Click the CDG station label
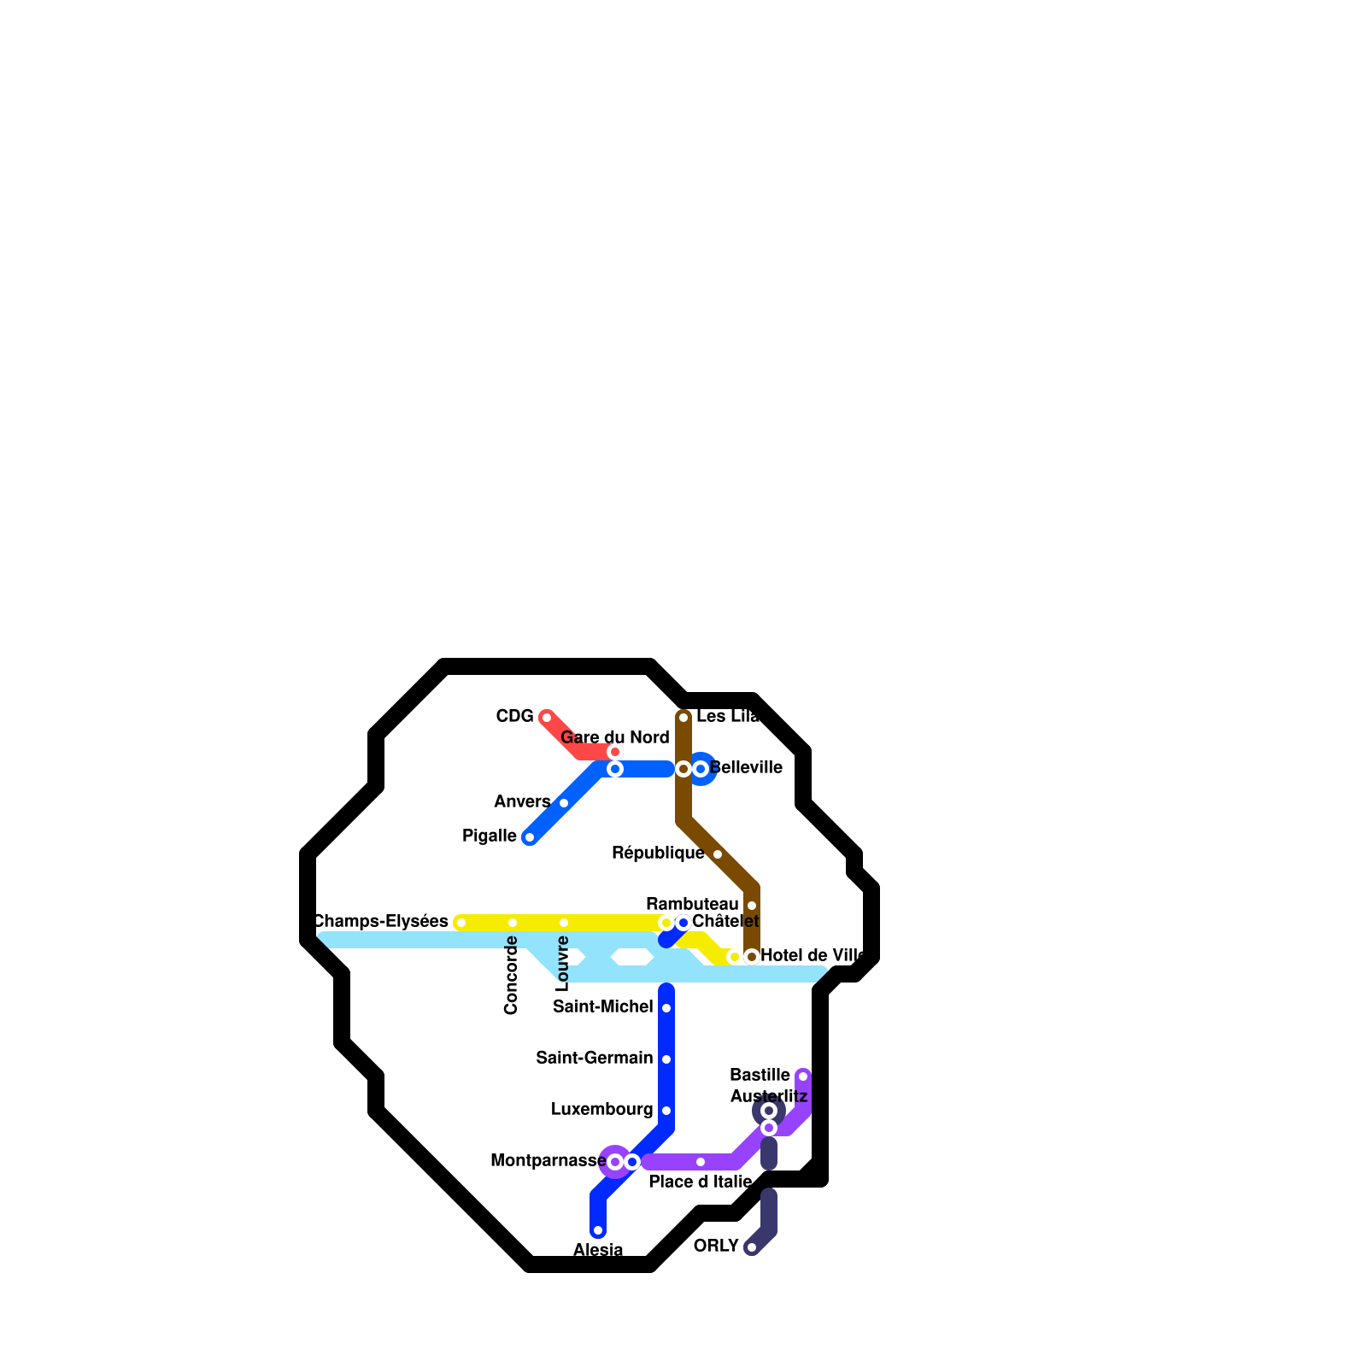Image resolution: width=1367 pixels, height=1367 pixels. pyautogui.click(x=514, y=717)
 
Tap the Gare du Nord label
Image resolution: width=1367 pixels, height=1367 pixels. pyautogui.click(x=614, y=737)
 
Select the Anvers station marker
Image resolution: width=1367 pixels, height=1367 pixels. pyautogui.click(x=564, y=803)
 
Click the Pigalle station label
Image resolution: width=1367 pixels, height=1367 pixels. pyautogui.click(x=489, y=836)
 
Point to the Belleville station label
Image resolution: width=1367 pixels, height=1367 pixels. pyautogui.click(x=746, y=768)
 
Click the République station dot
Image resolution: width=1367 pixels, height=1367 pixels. pyautogui.click(x=718, y=854)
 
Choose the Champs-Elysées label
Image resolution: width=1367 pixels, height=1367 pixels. pyautogui.click(x=381, y=921)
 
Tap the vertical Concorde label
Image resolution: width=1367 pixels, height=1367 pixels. pyautogui.click(x=512, y=976)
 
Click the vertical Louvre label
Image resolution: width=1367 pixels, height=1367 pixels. pyautogui.click(x=563, y=964)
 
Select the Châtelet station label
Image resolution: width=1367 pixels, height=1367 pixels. pyautogui.click(x=725, y=922)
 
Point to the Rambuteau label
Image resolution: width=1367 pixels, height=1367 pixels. pyautogui.click(x=692, y=904)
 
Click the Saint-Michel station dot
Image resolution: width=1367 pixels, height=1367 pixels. pyautogui.click(x=666, y=1008)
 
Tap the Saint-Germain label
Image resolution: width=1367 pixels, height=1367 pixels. pyautogui.click(x=594, y=1059)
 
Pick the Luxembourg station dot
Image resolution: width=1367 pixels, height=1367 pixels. pyautogui.click(x=666, y=1111)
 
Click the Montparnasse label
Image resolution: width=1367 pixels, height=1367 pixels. pyautogui.click(x=548, y=1160)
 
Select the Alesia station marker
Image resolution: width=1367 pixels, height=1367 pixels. pyautogui.click(x=598, y=1230)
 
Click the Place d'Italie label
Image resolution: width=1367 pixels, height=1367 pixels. pyautogui.click(x=700, y=1182)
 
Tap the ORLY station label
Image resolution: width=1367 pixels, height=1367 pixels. pyautogui.click(x=716, y=1246)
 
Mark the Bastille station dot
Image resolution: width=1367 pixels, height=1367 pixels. pyautogui.click(x=803, y=1077)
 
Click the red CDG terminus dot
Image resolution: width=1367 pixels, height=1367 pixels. pyautogui.click(x=547, y=718)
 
